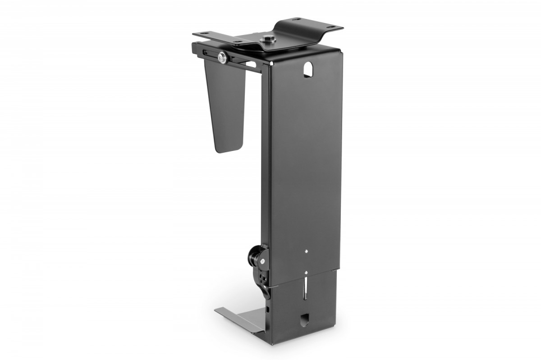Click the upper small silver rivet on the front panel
point(307,251)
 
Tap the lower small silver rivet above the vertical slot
point(306,272)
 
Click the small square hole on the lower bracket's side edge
point(269,310)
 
